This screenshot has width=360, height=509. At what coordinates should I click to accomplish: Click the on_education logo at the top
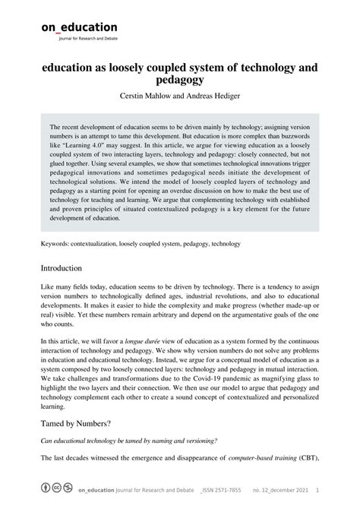[x=79, y=27]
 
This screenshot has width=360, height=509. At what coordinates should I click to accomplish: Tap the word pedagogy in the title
[x=179, y=79]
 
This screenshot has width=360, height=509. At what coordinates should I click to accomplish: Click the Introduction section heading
[x=67, y=269]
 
